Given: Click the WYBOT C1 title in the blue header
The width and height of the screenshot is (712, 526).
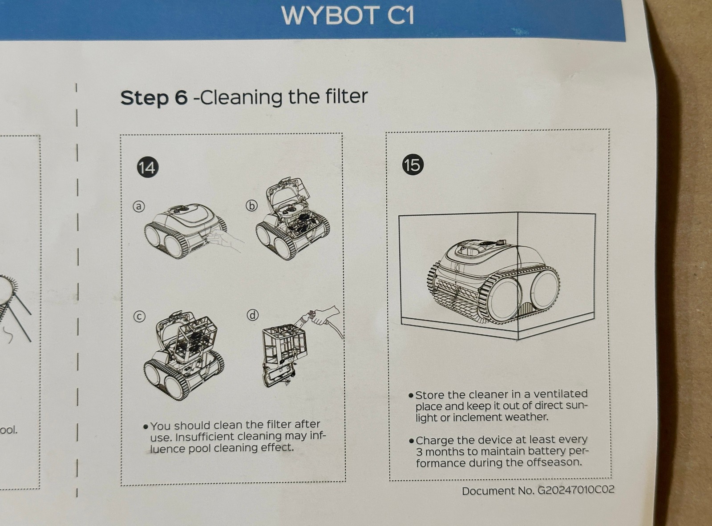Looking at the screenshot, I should [348, 16].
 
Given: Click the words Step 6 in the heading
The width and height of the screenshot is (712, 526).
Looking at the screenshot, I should [154, 97].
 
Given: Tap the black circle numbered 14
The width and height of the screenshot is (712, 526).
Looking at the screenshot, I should [147, 167].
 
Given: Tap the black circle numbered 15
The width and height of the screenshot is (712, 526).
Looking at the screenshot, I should [412, 165].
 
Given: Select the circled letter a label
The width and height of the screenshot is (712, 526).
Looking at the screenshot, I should [139, 206].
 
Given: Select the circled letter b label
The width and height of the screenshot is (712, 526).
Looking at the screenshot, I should [252, 205].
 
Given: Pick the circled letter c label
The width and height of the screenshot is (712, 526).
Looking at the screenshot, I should [139, 316].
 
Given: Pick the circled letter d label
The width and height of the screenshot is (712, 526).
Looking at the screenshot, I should [252, 315].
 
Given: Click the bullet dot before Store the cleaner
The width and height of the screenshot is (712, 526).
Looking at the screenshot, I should [411, 395].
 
